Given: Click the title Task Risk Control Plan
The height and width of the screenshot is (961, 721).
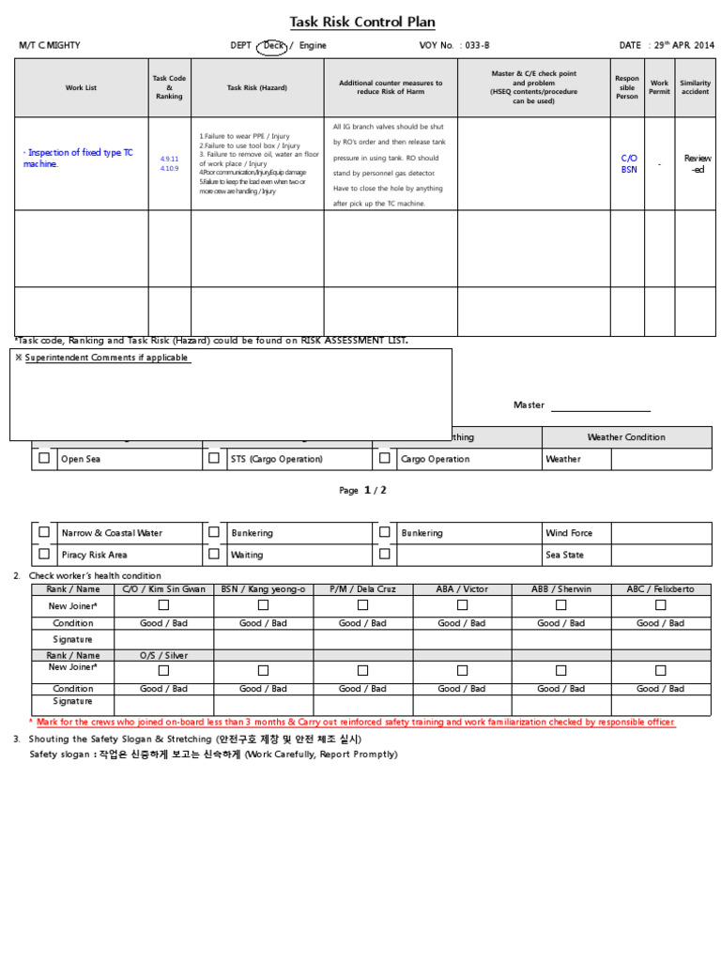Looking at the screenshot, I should tap(362, 23).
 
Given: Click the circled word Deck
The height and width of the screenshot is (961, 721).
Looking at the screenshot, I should tap(273, 45).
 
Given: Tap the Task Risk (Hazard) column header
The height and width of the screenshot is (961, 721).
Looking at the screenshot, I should tap(257, 87).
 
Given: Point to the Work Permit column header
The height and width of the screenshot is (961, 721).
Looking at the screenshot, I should tap(659, 87).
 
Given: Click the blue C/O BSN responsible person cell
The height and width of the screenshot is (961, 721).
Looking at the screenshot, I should tap(628, 164).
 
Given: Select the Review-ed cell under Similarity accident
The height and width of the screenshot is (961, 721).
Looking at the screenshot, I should tap(697, 164).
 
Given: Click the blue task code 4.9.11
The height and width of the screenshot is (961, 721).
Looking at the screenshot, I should tap(169, 160).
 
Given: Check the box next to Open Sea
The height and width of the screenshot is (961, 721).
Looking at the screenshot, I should tap(44, 459).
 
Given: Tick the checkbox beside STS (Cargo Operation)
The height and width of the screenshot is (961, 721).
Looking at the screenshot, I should tap(214, 459).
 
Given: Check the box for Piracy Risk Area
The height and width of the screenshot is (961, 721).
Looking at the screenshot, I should tap(44, 555).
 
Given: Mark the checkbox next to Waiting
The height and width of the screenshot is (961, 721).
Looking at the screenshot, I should tap(214, 555).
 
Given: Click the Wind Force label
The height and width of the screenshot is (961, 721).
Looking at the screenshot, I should tap(569, 533).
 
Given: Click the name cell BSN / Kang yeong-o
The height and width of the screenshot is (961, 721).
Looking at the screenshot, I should tap(263, 589).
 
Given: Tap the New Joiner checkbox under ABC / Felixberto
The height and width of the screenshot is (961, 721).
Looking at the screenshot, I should tap(660, 605).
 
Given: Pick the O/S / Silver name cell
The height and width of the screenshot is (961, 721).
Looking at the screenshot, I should tap(163, 655).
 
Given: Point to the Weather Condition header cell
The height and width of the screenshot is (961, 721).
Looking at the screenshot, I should tap(626, 437).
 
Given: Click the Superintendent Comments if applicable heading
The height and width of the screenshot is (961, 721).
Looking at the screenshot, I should tap(106, 358).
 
